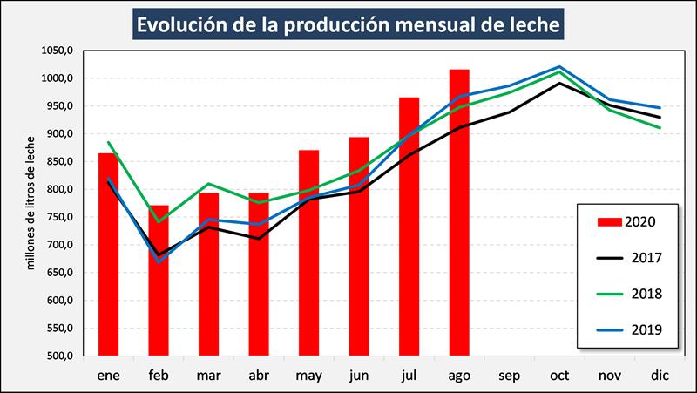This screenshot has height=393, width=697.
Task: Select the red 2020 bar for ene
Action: [x=108, y=254]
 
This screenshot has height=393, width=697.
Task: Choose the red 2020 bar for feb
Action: [x=159, y=280]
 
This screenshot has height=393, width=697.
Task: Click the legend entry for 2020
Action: [x=627, y=221]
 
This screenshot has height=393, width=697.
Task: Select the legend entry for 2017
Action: [x=627, y=257]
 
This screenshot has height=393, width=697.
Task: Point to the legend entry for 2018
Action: [x=627, y=294]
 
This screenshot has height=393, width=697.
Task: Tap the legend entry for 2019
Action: [x=627, y=329]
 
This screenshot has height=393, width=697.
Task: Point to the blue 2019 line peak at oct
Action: [x=560, y=67]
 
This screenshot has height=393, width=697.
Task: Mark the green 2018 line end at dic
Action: [x=660, y=128]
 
